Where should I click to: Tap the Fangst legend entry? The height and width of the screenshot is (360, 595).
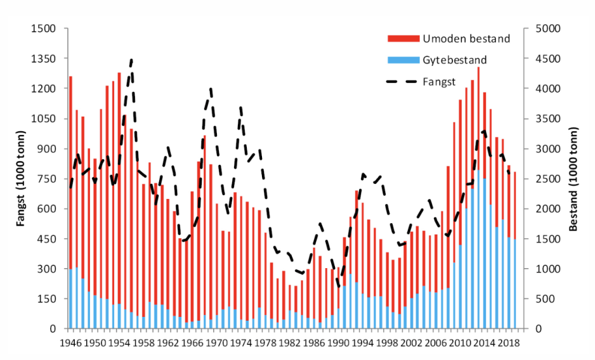pos(443,82)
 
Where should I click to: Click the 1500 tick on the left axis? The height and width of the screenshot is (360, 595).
pos(45,29)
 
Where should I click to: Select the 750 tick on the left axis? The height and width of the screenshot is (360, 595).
pos(48,179)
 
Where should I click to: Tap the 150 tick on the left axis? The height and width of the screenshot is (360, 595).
pos(48,299)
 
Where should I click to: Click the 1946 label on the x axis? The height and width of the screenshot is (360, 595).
pos(70,343)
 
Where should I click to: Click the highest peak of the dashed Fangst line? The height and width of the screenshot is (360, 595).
pos(131,60)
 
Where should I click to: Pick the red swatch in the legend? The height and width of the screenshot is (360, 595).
pos(403,39)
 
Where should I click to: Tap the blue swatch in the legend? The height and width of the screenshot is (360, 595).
pos(403,60)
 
